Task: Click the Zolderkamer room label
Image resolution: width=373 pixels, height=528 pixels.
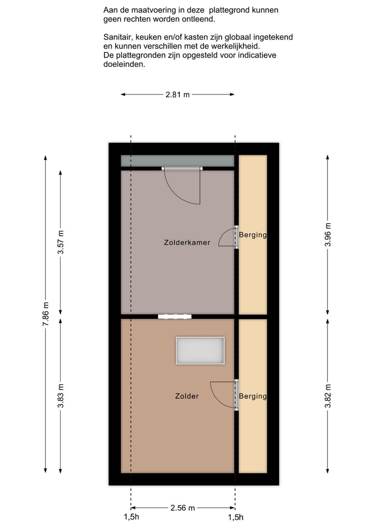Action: coord(187,242)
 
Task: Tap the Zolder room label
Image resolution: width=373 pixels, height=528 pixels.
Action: coord(187,396)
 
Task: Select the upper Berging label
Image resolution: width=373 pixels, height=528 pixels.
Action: coord(253,235)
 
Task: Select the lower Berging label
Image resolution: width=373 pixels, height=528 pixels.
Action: coord(253,396)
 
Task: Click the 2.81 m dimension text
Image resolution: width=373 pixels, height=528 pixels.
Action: coord(178,94)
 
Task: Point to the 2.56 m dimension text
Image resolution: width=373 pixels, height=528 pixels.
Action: coord(182,508)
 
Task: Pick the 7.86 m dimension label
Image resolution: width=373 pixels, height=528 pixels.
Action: coord(46,314)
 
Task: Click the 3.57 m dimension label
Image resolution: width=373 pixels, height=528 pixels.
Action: coord(61,241)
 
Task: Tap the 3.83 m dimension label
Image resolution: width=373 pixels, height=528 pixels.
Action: coord(61,396)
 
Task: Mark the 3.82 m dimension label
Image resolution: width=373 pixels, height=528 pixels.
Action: coord(327,396)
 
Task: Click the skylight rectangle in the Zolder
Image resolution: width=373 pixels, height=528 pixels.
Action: coord(200,351)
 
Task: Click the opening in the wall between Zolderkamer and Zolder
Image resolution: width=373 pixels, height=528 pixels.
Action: coord(175,316)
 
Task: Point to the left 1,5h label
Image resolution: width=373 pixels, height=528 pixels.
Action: coord(131,517)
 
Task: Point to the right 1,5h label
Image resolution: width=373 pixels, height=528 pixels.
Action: coord(236,517)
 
